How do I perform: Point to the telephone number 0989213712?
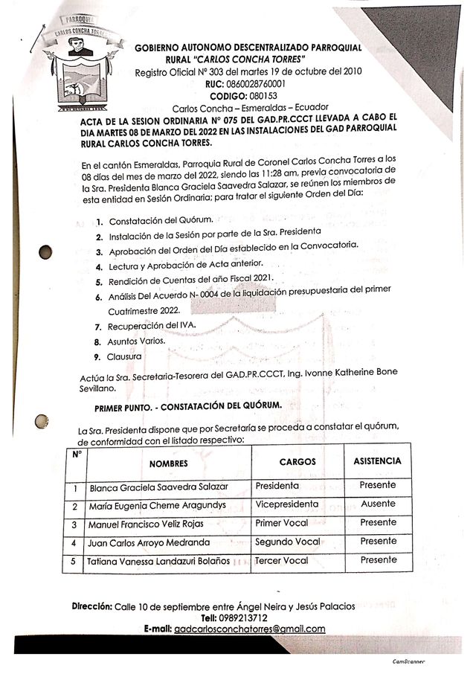pos(244,617)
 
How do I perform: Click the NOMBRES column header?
pos(168,463)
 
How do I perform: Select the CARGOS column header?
pos(297,461)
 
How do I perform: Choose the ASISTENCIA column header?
pos(377,460)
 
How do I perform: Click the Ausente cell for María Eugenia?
pos(378,504)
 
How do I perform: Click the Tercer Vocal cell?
pos(281,560)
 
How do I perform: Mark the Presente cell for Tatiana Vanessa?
pos(378,559)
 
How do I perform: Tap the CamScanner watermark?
pos(411,661)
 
